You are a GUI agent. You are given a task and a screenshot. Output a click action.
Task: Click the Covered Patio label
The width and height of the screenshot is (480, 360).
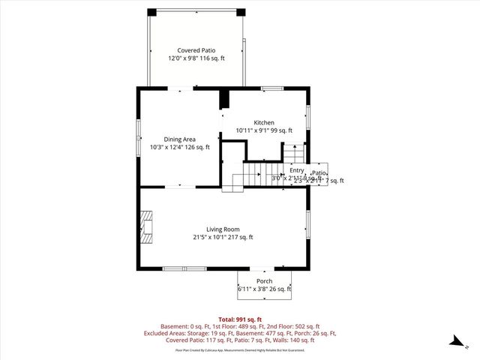196,50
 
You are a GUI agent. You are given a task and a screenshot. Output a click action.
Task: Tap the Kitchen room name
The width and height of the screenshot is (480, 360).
263,122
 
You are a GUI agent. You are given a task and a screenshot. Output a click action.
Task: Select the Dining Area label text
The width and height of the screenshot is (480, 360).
180,139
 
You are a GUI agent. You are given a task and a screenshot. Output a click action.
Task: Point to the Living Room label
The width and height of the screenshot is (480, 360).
223,229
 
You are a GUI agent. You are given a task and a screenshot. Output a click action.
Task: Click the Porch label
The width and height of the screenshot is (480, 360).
264,281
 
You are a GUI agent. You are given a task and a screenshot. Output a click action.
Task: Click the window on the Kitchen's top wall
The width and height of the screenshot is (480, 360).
271,89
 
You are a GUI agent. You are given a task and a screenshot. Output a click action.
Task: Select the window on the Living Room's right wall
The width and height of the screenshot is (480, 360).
307,223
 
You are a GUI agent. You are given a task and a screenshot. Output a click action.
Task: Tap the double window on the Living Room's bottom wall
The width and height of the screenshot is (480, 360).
184,268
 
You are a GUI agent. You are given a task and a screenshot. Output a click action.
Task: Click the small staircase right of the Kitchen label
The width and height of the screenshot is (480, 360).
293,154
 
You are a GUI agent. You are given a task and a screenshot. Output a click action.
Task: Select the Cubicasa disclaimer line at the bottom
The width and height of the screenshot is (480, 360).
240,349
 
